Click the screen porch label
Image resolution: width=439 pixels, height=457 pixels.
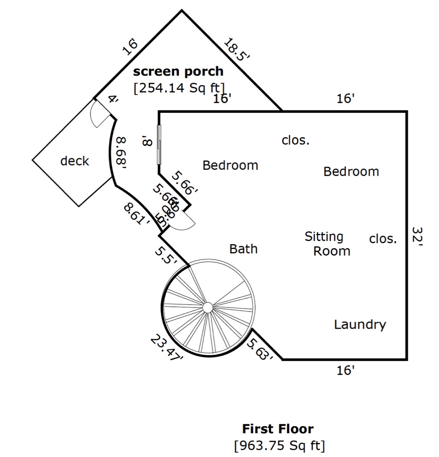click(x=178, y=71)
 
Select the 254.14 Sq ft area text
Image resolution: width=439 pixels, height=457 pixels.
click(x=179, y=87)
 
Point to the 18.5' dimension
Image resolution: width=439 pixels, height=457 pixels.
click(x=237, y=50)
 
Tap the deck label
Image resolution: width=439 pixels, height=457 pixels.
click(x=75, y=161)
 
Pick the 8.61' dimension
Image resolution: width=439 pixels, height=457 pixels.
click(x=137, y=213)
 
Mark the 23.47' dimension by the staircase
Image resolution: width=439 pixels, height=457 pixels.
click(x=167, y=348)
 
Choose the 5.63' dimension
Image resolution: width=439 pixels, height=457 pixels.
click(x=260, y=349)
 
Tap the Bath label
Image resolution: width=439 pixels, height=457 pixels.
click(x=243, y=249)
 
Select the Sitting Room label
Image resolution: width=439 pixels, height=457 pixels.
click(x=327, y=244)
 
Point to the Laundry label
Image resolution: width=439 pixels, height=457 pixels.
click(x=360, y=325)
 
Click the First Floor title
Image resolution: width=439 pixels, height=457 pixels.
click(x=278, y=428)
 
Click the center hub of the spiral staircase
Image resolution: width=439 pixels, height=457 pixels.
click(x=207, y=307)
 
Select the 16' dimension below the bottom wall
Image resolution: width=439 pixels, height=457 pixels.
click(x=345, y=371)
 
